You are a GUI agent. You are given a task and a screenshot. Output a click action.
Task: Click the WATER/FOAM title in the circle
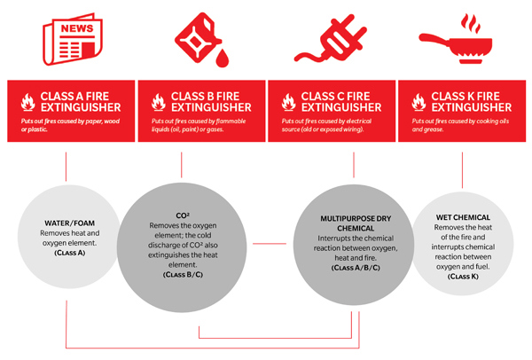tap(69, 223)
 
